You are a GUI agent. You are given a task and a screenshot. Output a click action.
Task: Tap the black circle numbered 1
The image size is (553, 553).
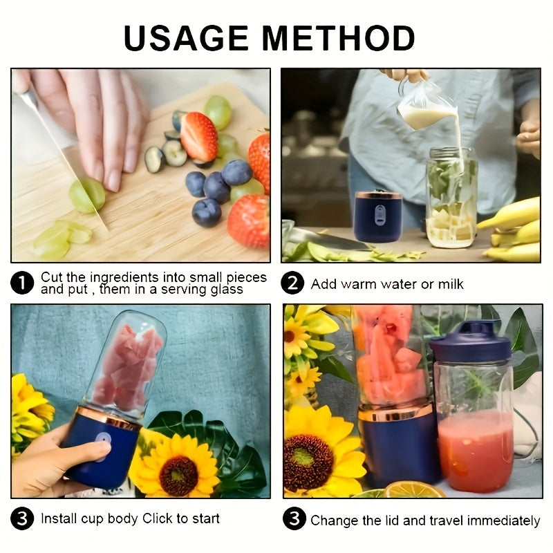tap(23, 283)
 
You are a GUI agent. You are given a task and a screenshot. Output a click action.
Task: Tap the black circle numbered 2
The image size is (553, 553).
tap(293, 283)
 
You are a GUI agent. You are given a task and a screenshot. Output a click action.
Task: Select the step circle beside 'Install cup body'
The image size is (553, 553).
tap(23, 519)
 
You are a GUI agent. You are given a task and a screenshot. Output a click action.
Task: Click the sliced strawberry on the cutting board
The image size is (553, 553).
tap(199, 136)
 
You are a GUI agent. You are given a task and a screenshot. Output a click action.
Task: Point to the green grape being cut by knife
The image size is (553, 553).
tap(87, 195)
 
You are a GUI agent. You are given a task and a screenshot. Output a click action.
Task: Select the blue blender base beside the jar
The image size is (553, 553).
tap(378, 216)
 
